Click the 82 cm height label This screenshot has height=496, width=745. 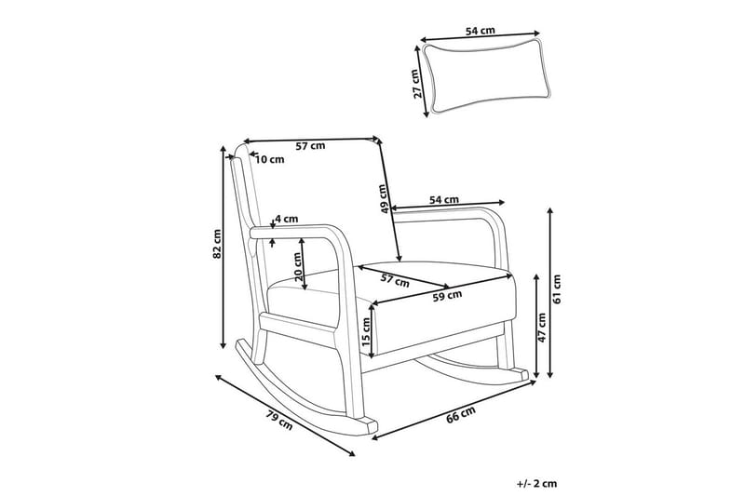pyautogui.click(x=216, y=244)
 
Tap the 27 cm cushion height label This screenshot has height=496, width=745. pyautogui.click(x=419, y=82)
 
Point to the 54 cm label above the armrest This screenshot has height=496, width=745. pyautogui.click(x=444, y=199)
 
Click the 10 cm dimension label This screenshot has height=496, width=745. pyautogui.click(x=269, y=159)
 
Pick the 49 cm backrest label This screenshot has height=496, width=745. pyautogui.click(x=383, y=197)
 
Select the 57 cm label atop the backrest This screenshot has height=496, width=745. pyautogui.click(x=310, y=145)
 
